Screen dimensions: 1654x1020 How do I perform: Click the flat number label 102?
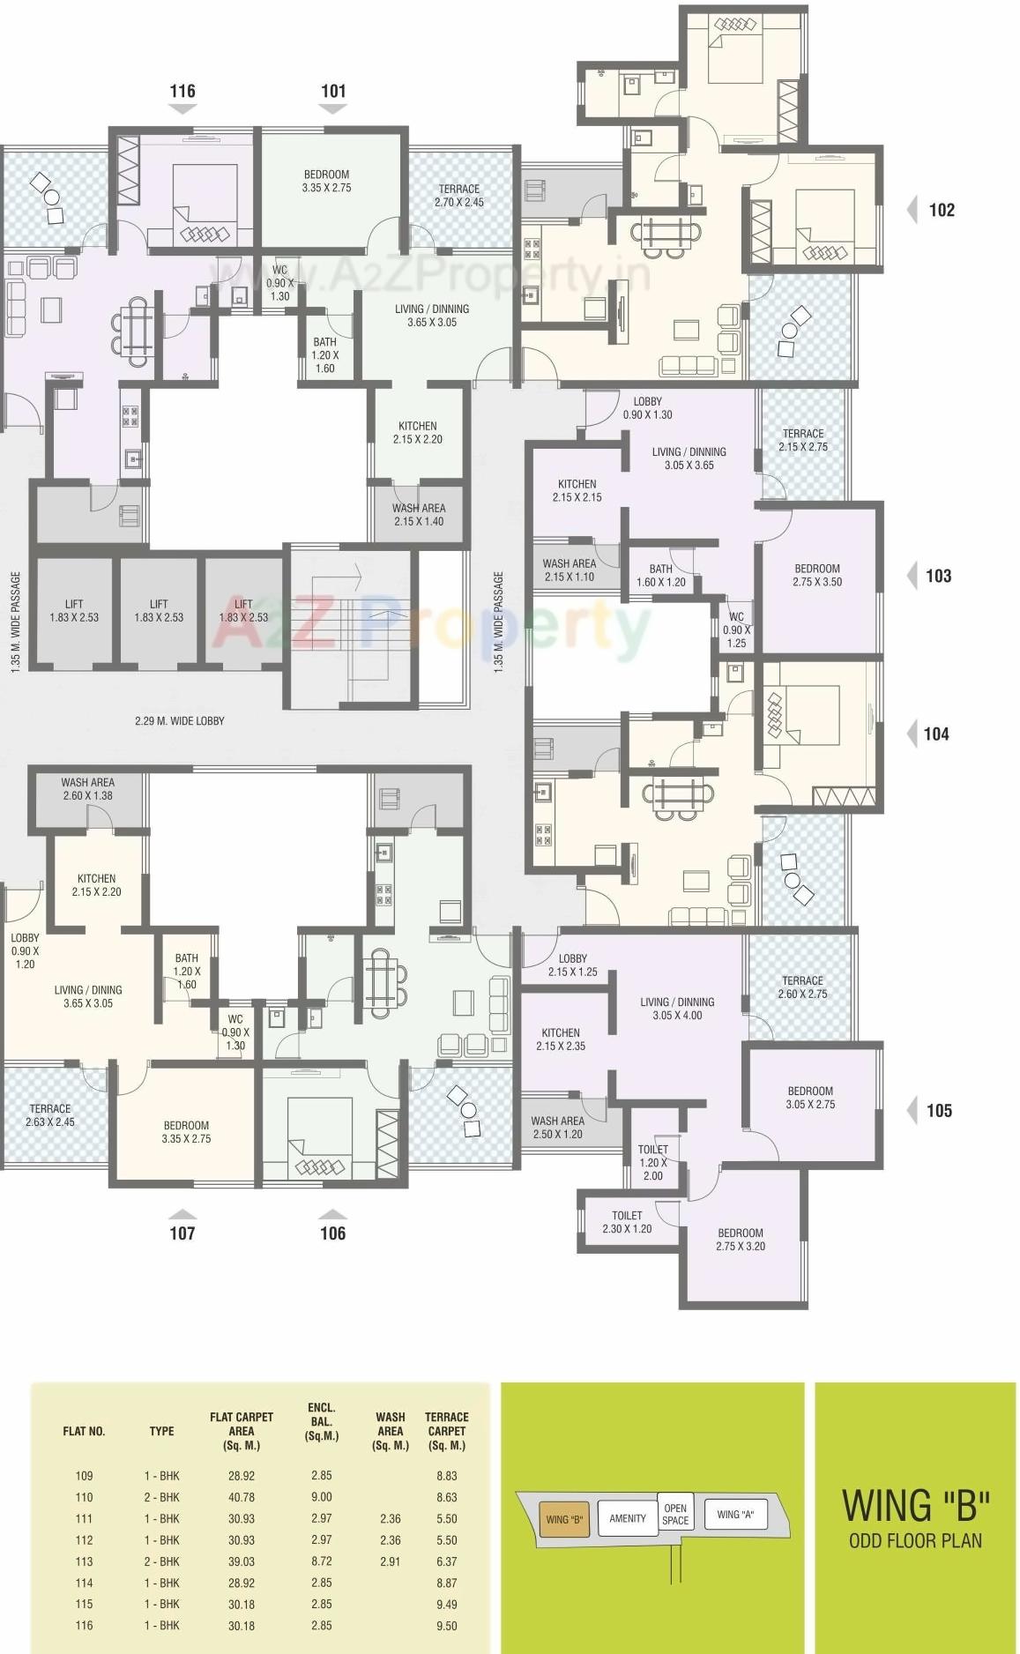pos(942,210)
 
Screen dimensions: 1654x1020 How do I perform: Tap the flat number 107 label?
pos(182,1233)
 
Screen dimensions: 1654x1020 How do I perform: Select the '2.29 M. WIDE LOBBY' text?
pos(180,720)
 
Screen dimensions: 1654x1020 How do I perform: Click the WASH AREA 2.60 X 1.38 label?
pos(87,788)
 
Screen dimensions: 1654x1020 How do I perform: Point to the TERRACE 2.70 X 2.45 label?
pos(459,195)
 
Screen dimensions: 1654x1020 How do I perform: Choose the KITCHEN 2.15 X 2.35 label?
pos(561,1039)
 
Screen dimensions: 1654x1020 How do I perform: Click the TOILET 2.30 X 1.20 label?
pos(627,1221)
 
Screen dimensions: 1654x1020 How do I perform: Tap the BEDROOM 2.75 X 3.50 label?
pos(817,575)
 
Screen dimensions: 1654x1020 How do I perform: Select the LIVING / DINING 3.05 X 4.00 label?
pos(677,1008)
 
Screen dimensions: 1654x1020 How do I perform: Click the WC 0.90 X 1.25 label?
pos(736,630)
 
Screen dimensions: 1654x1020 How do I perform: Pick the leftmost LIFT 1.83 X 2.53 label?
pos(74,610)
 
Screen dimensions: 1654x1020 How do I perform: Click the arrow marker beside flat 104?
pos(912,734)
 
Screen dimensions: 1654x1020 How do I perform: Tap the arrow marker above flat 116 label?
pos(182,108)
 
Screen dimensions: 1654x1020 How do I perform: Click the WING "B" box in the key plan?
pos(564,1519)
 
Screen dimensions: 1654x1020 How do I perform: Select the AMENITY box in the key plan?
pos(627,1518)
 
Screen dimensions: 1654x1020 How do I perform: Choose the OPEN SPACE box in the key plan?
pos(675,1514)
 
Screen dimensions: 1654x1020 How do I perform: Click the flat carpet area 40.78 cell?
pos(242,1497)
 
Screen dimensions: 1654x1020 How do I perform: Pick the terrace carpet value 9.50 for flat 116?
pos(446,1626)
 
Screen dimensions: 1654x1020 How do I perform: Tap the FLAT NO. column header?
pos(84,1431)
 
